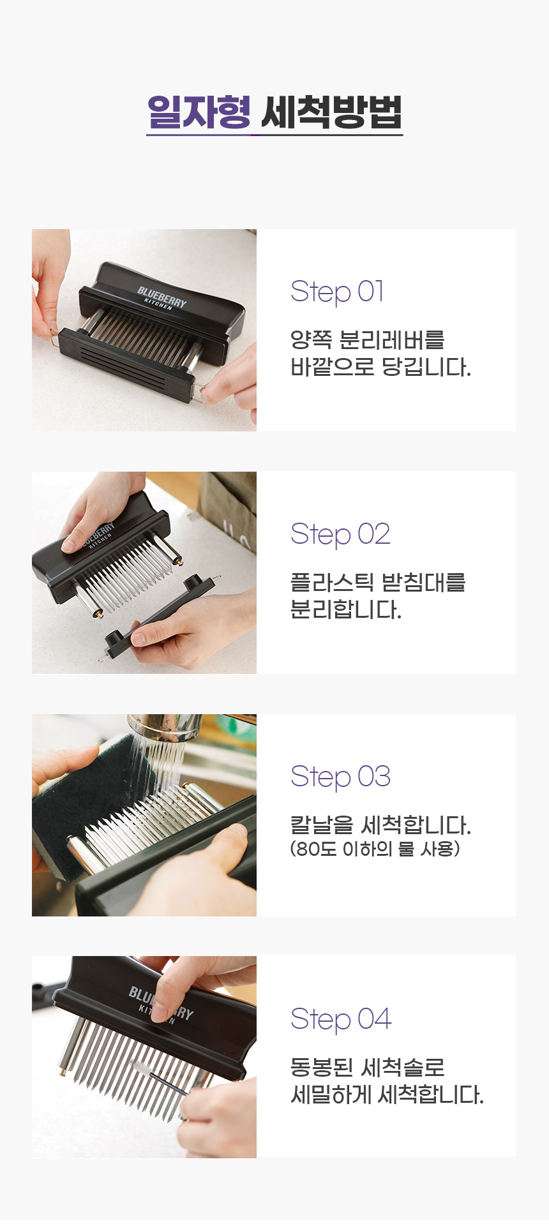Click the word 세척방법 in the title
tap(331, 112)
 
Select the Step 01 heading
tap(337, 292)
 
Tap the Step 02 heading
tap(340, 534)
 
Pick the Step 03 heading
tap(340, 777)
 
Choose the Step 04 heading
tap(340, 1019)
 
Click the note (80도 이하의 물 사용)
tap(375, 849)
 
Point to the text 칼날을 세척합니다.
tap(380, 825)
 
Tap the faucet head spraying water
tap(165, 728)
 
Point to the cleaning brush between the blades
tap(156, 1077)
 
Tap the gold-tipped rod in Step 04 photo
tap(64, 1066)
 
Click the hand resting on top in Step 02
tap(102, 511)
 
